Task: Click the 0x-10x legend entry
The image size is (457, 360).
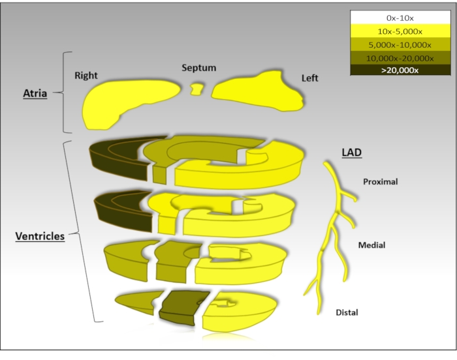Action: click(x=400, y=17)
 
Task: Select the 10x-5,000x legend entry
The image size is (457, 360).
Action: click(x=400, y=31)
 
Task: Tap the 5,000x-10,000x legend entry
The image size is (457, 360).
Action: click(x=400, y=45)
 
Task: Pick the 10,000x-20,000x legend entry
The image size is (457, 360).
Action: click(x=400, y=58)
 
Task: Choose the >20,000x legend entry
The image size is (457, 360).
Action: click(x=400, y=70)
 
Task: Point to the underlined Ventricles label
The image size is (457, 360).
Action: click(x=40, y=236)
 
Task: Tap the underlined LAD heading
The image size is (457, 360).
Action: click(x=351, y=153)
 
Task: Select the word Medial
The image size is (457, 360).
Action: click(x=371, y=245)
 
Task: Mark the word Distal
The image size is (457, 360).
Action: click(x=347, y=313)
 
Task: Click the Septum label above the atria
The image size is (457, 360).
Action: click(x=199, y=68)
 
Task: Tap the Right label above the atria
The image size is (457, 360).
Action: click(x=86, y=76)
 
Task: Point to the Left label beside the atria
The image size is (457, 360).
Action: click(x=309, y=78)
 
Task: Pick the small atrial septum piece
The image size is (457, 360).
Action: click(x=195, y=89)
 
